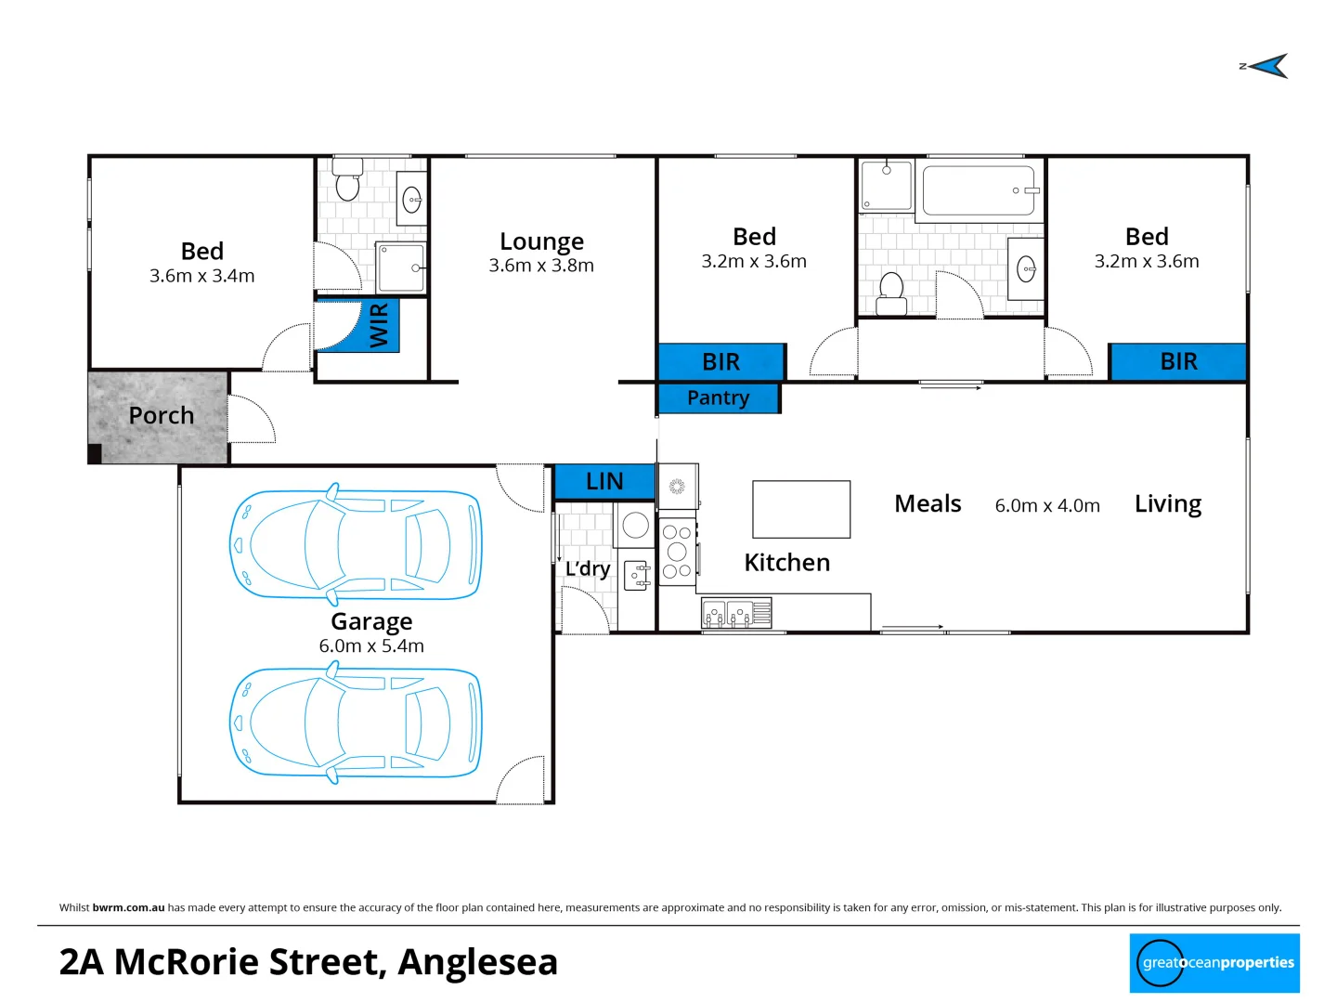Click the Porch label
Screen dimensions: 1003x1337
pos(162,415)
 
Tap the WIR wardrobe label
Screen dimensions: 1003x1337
pos(379,326)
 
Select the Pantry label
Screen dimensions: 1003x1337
pos(718,397)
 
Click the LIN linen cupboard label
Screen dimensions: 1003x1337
pos(604,481)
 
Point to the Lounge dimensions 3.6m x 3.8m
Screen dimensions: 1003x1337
pos(541,266)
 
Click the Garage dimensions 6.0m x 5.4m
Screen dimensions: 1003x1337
pos(371,646)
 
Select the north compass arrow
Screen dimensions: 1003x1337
pos(1268,66)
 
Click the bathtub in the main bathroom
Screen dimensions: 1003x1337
pos(979,190)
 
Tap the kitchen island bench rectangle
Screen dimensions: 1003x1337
pos(801,509)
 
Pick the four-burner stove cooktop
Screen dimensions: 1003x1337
pos(677,552)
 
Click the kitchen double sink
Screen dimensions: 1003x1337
pos(727,614)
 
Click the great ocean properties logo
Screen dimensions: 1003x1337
pos(1214,963)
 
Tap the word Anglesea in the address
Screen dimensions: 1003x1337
pos(478,962)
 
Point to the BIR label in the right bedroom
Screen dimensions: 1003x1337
pos(1178,361)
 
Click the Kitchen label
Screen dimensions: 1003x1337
pos(786,563)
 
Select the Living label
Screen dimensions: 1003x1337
pos(1167,504)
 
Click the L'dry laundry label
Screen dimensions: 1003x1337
pos(588,568)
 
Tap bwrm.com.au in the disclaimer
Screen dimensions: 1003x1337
pos(128,907)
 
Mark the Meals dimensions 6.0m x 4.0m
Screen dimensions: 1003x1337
pos(1047,506)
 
